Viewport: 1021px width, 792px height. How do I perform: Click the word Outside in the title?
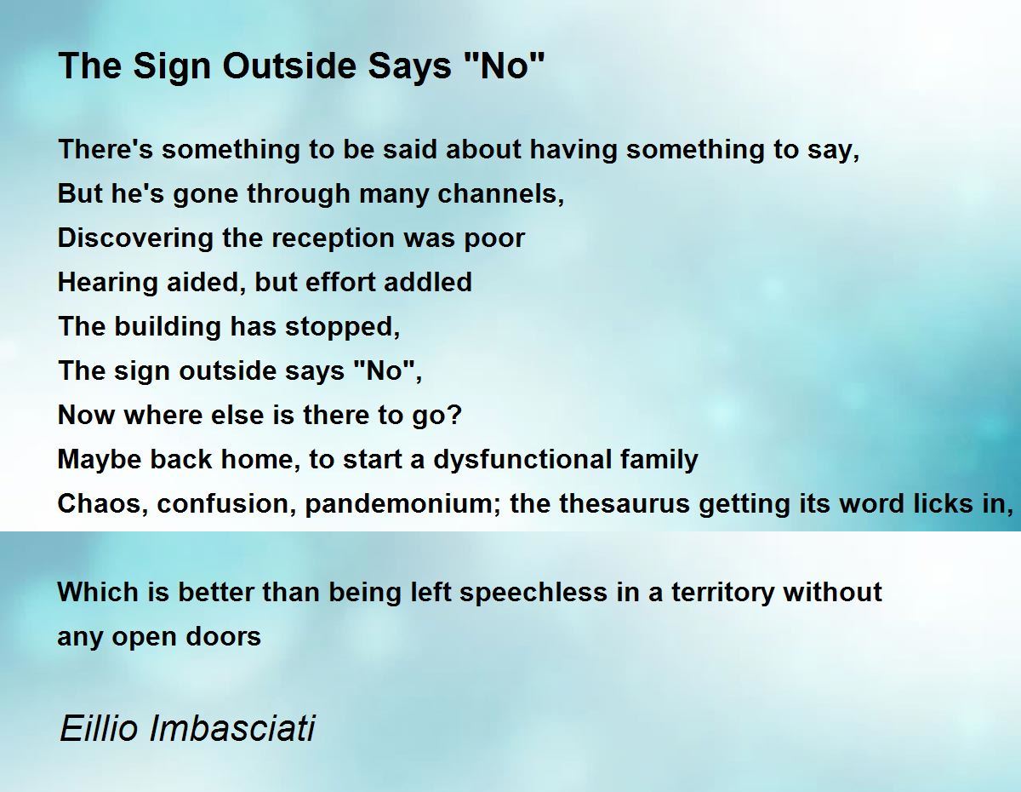click(289, 66)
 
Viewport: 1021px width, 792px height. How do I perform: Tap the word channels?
click(500, 193)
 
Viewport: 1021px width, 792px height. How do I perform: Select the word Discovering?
click(135, 238)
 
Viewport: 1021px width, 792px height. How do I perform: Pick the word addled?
click(428, 282)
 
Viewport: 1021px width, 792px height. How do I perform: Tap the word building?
click(168, 327)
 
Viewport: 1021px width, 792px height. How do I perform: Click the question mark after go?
click(455, 415)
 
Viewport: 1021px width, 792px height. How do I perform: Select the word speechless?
click(533, 593)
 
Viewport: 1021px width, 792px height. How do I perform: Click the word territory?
click(722, 593)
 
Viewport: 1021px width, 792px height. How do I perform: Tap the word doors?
click(223, 637)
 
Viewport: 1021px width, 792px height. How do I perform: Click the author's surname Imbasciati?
click(232, 728)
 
